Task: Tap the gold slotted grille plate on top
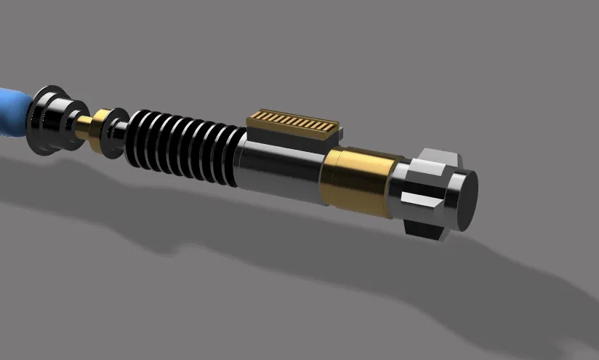coord(293,122)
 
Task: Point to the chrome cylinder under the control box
coord(280,172)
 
